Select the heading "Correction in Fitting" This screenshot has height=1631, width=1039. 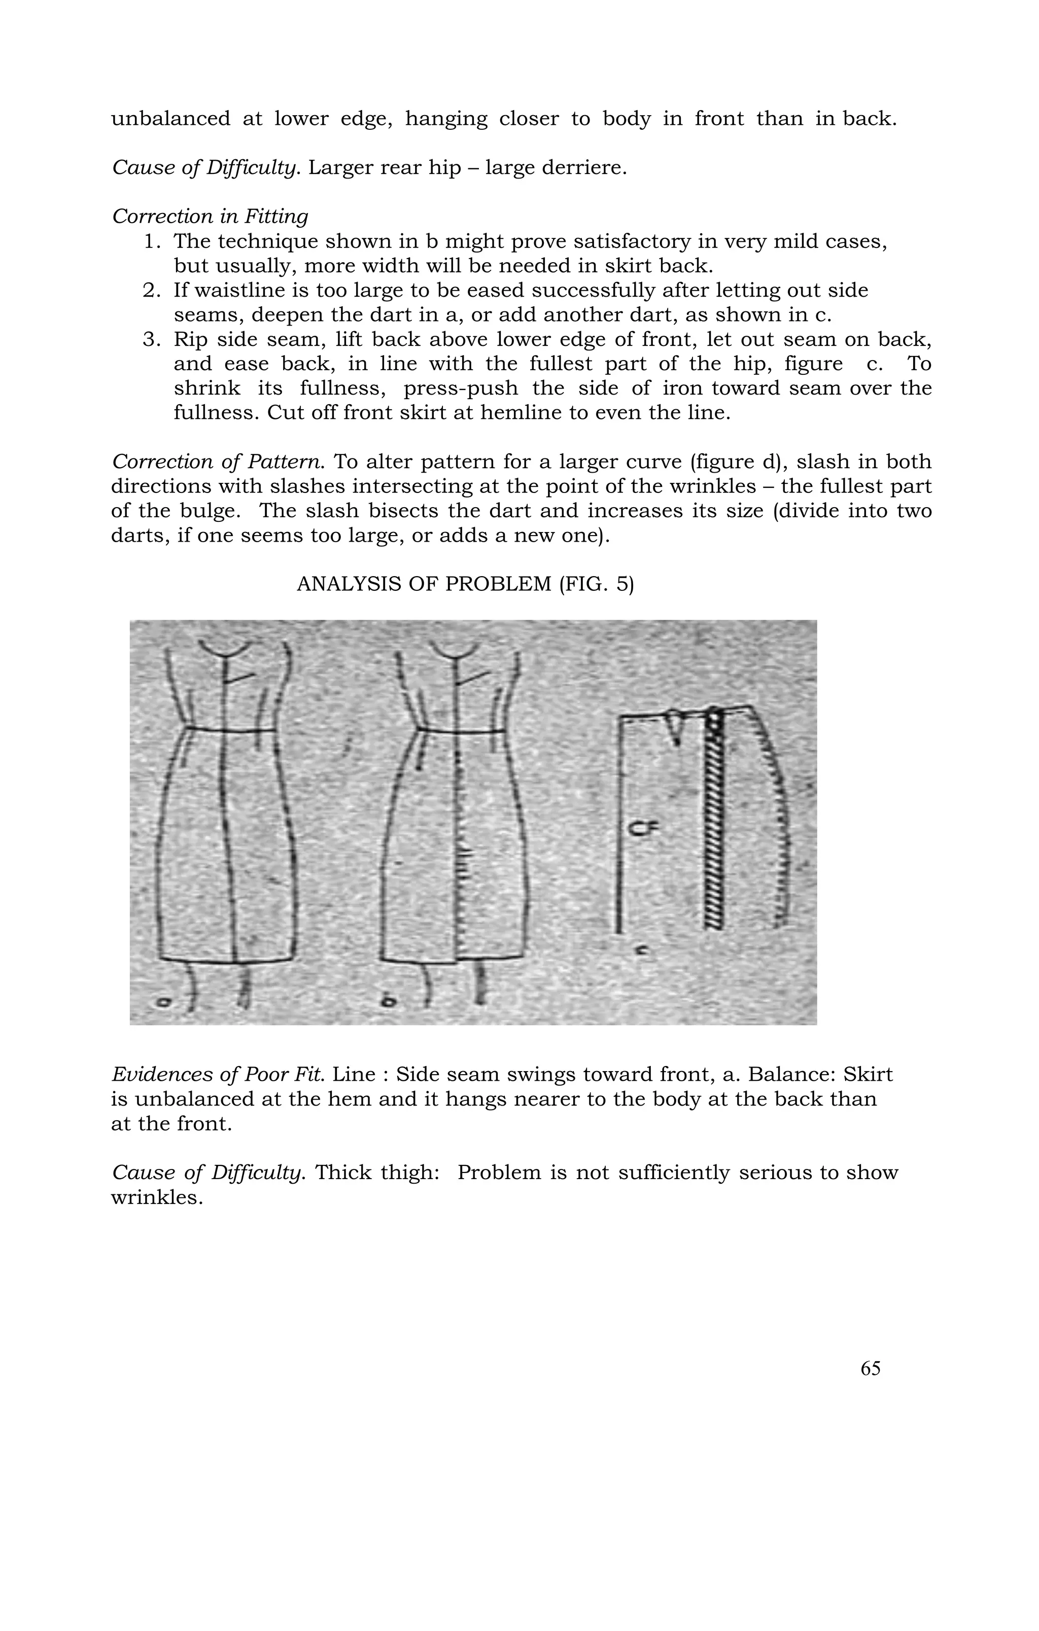click(210, 217)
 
